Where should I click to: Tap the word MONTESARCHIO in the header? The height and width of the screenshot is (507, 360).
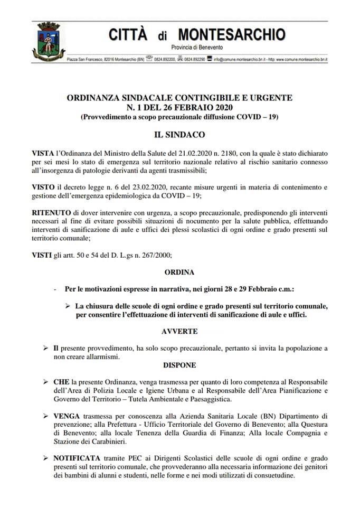232,35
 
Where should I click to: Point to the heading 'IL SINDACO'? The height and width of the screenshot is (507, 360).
179,135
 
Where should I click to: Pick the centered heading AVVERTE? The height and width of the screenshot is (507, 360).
179,331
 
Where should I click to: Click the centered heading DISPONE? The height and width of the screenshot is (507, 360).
179,365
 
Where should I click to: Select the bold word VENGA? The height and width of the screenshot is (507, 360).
67,416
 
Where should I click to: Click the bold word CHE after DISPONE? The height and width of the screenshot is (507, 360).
61,381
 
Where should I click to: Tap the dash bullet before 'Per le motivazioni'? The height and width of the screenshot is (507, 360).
55,289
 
